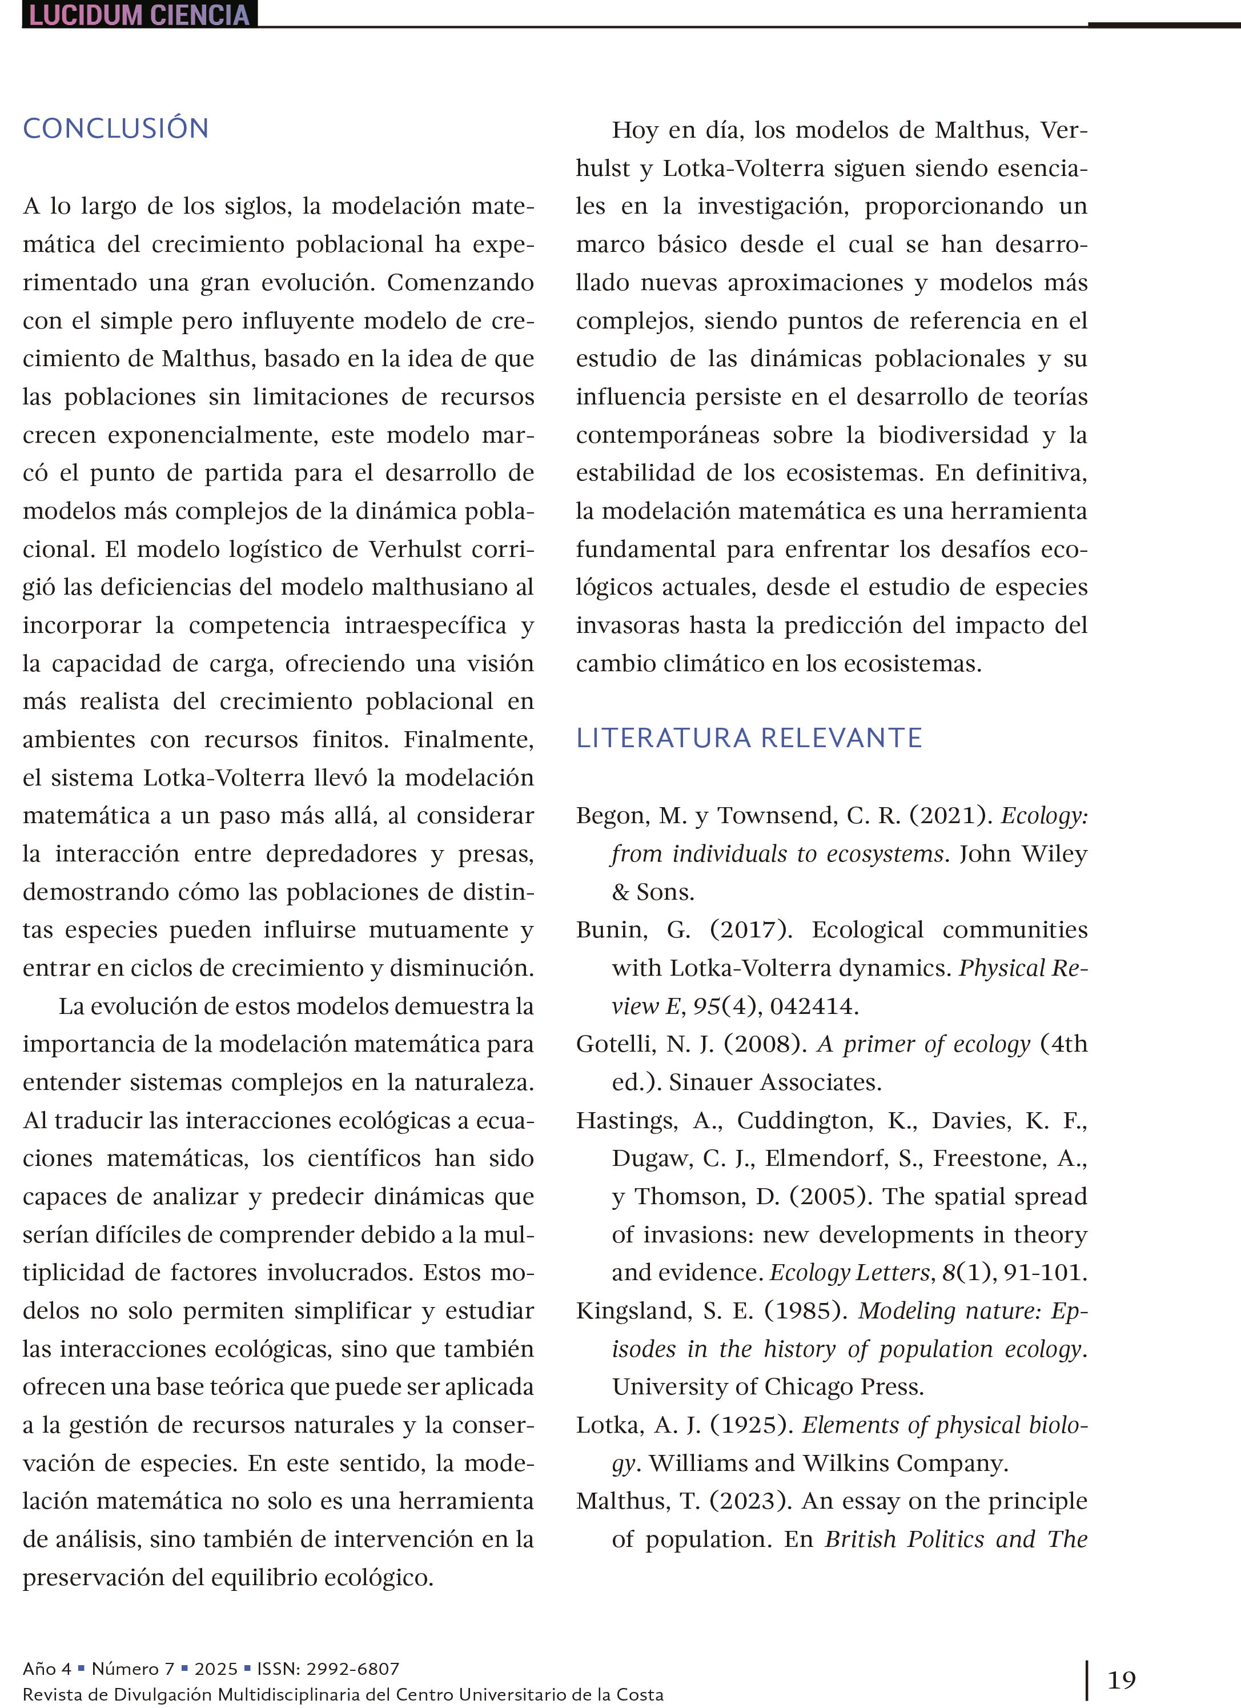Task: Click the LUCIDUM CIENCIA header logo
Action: click(x=139, y=14)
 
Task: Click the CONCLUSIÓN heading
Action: click(x=115, y=128)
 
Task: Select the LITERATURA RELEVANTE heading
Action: click(x=749, y=737)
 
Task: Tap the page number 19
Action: click(x=1121, y=1679)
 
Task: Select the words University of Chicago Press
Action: click(x=768, y=1386)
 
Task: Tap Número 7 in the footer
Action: click(x=132, y=1669)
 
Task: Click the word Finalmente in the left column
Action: click(x=467, y=740)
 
